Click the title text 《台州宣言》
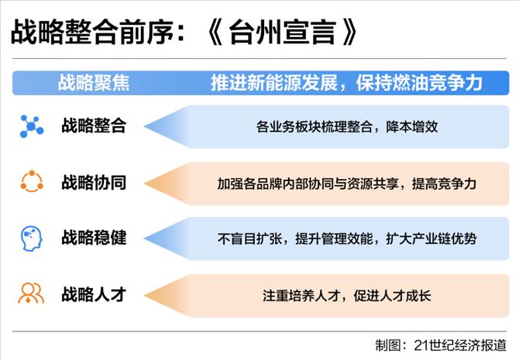[x=282, y=32]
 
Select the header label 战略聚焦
[x=94, y=83]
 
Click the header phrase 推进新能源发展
[x=274, y=83]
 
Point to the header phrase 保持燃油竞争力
[x=419, y=83]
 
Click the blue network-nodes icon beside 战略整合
[x=32, y=126]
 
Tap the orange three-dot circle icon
[x=32, y=181]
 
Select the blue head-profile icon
[x=32, y=238]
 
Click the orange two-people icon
[x=31, y=293]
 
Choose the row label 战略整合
[x=94, y=125]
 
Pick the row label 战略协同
[x=94, y=182]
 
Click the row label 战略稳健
[x=94, y=238]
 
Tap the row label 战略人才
[x=94, y=294]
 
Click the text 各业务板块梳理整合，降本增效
[x=347, y=127]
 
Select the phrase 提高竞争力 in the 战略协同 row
[x=444, y=183]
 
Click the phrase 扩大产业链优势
[x=431, y=238]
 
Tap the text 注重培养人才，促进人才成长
[x=347, y=296]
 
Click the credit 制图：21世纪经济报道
[x=441, y=345]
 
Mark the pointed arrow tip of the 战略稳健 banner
[x=144, y=238]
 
